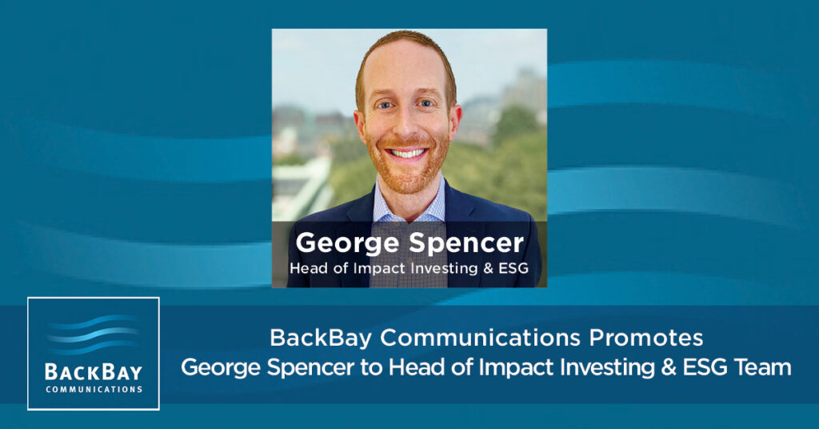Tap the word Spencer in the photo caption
[x=466, y=243]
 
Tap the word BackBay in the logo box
[x=94, y=372]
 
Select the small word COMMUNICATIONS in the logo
[x=94, y=389]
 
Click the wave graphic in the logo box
[x=93, y=335]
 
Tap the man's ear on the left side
[x=359, y=126]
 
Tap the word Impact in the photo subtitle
[x=380, y=269]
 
